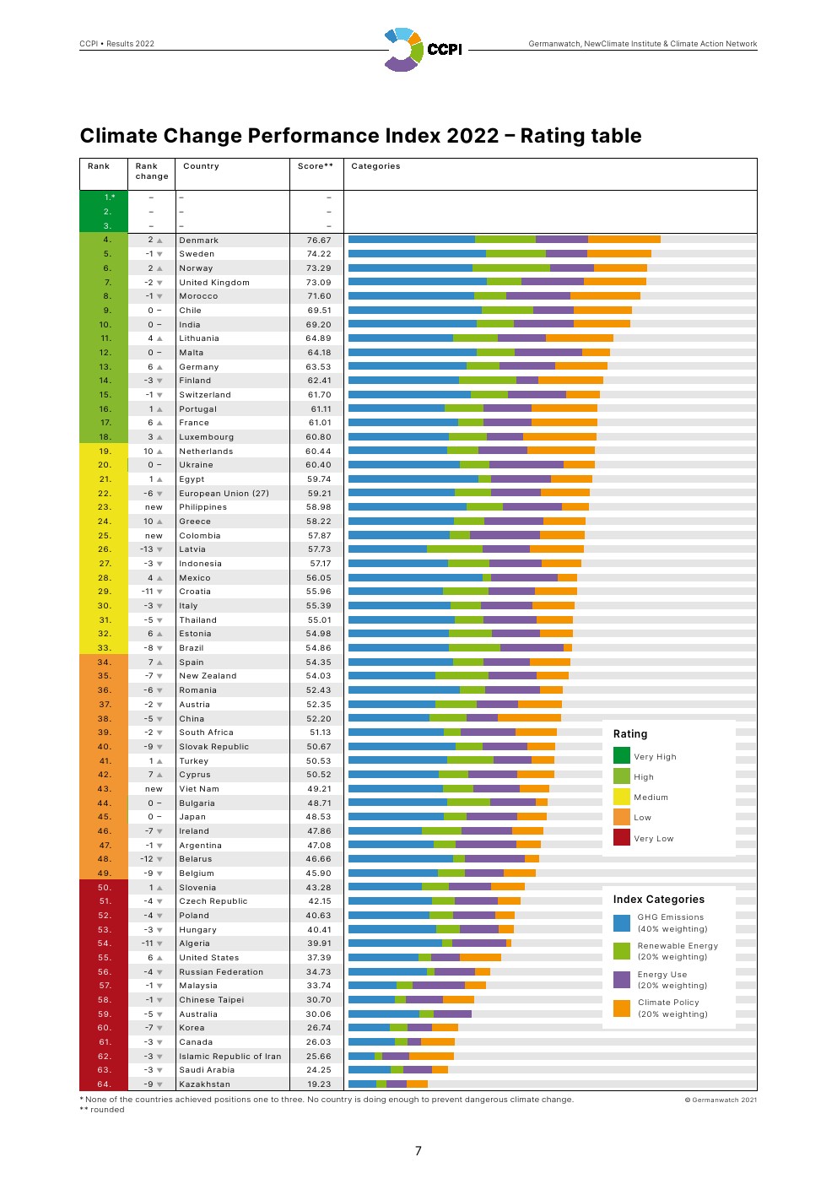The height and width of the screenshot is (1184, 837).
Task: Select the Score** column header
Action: pos(316,166)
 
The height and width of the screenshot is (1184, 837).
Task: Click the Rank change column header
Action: pos(152,171)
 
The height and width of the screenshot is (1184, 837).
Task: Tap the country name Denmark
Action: pos(199,241)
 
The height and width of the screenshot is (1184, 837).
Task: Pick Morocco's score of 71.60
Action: pos(319,296)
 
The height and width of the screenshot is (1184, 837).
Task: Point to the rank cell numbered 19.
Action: pos(105,451)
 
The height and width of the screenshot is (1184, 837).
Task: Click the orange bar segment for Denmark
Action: pos(624,240)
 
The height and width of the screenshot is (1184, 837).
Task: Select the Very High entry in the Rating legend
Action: pos(655,757)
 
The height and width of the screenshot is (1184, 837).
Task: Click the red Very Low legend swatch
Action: pos(622,837)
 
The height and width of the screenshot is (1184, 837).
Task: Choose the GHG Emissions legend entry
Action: pos(672,923)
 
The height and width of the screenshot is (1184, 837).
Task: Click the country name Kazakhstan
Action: pos(204,1084)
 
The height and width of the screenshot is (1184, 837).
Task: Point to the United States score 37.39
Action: pos(319,958)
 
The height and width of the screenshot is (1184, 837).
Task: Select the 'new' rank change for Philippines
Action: pos(154,507)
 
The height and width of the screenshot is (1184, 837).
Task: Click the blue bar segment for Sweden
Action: pos(417,254)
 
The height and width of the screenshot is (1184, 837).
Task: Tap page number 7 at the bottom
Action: pos(418,1151)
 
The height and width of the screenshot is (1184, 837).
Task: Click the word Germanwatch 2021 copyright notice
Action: pos(721,1100)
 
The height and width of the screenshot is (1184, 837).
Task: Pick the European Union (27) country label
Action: pos(224,494)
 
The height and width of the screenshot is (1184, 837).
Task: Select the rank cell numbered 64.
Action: pos(104,1084)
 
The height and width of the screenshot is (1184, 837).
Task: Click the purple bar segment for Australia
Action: pos(452,1014)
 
